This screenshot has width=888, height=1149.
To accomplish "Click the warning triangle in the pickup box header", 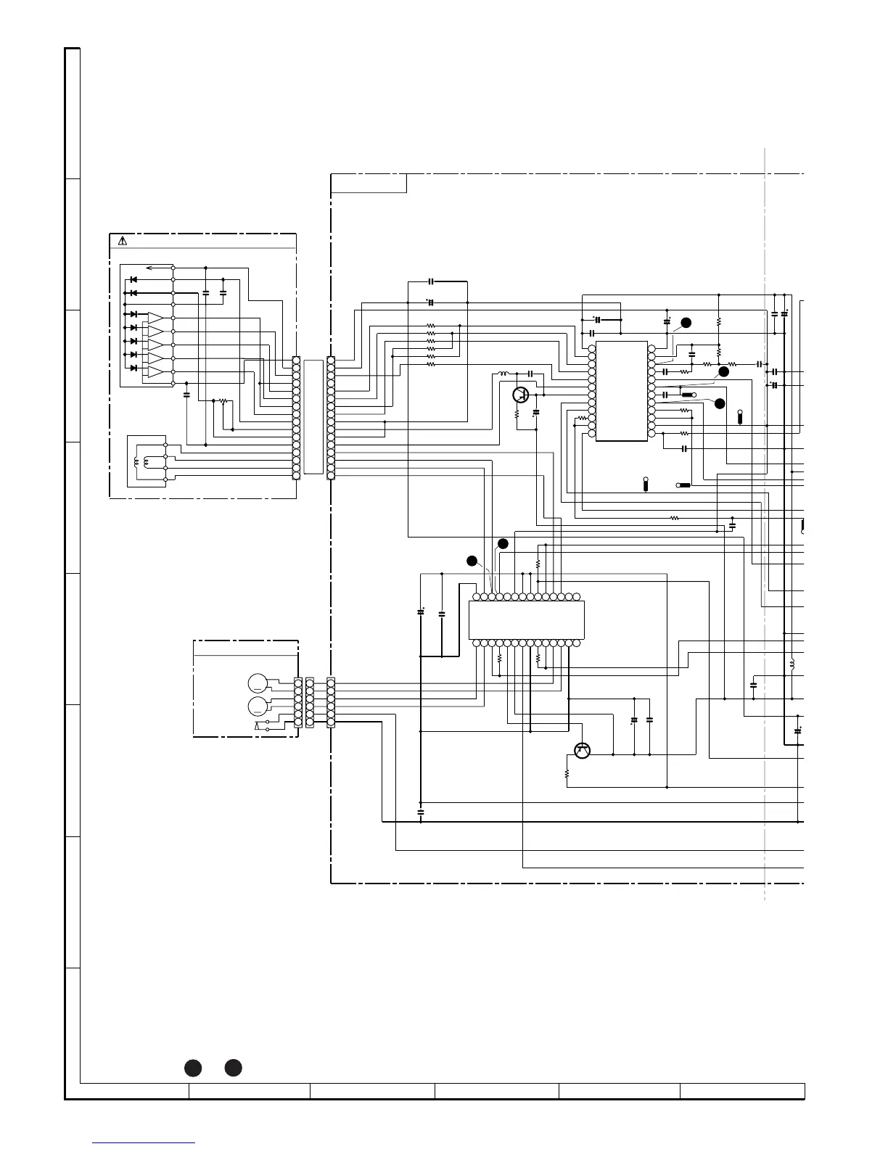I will pos(123,241).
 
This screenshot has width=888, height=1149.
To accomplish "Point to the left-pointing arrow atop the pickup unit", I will pos(152,268).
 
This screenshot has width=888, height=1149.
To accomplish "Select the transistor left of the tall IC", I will pos(519,395).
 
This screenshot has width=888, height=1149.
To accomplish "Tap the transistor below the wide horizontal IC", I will pos(582,751).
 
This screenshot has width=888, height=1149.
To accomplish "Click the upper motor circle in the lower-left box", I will pos(258,683).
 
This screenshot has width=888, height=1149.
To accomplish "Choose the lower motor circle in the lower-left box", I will pos(258,706).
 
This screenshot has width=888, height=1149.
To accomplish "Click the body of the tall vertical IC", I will pos(621,390).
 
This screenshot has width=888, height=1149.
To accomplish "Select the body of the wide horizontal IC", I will pos(526,619).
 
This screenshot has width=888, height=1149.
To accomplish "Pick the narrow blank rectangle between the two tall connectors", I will pos(313,417).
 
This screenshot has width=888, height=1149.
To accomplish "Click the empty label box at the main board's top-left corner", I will pos(369,184).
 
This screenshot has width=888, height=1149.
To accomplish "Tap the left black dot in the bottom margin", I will pos(192,1068).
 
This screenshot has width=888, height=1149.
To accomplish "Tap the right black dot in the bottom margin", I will pos(233,1068).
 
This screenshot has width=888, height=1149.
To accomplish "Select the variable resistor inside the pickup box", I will pos(223,401).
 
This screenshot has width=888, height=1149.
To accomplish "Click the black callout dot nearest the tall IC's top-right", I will pos(686,322).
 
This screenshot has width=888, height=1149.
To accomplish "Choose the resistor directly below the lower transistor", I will pos(567,774).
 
